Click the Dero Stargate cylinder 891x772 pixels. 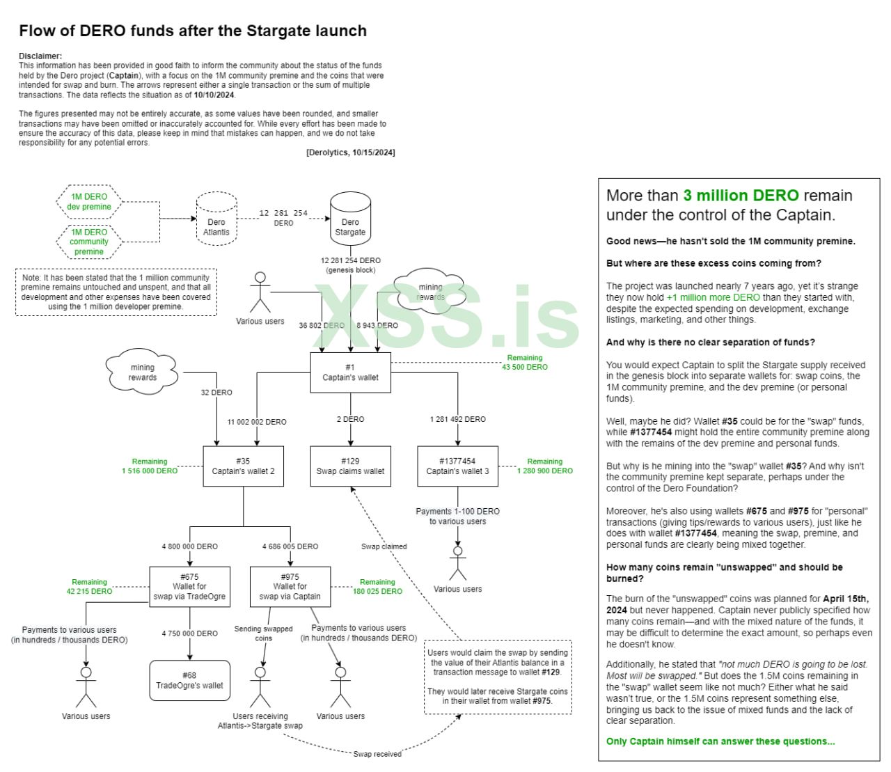pyautogui.click(x=350, y=218)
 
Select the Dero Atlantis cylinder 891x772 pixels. pyautogui.click(x=216, y=219)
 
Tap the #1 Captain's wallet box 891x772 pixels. pyautogui.click(x=350, y=372)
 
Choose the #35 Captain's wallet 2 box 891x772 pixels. pyautogui.click(x=243, y=466)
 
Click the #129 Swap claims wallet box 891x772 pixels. pyautogui.click(x=350, y=466)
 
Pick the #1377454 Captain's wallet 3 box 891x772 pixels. pyautogui.click(x=457, y=466)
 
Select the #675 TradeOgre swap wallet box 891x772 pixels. pyautogui.click(x=189, y=587)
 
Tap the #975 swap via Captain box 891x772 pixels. pyautogui.click(x=290, y=587)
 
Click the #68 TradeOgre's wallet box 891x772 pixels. pyautogui.click(x=189, y=680)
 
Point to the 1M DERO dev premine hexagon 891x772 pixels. pyautogui.click(x=89, y=202)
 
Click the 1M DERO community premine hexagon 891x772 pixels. pyautogui.click(x=89, y=242)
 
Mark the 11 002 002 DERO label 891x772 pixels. pyautogui.click(x=257, y=422)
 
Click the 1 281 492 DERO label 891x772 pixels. pyautogui.click(x=458, y=419)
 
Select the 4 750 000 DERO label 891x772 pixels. pyautogui.click(x=190, y=633)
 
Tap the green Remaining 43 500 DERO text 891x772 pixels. pyautogui.click(x=525, y=363)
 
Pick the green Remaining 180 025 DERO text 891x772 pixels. pyautogui.click(x=377, y=587)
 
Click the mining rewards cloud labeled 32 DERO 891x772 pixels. pyautogui.click(x=143, y=372)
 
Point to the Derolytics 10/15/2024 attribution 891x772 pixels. pyautogui.click(x=350, y=152)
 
